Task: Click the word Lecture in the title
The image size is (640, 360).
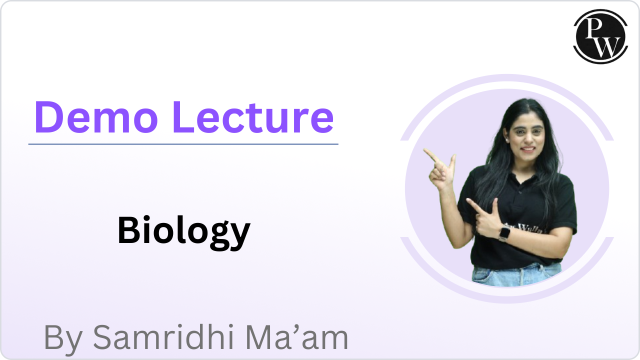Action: [252, 117]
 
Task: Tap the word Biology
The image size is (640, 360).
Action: [183, 231]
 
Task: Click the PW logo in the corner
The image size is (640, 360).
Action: [600, 36]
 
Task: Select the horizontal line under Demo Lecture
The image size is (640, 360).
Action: [183, 144]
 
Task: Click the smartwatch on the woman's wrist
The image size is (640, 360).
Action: [504, 232]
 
